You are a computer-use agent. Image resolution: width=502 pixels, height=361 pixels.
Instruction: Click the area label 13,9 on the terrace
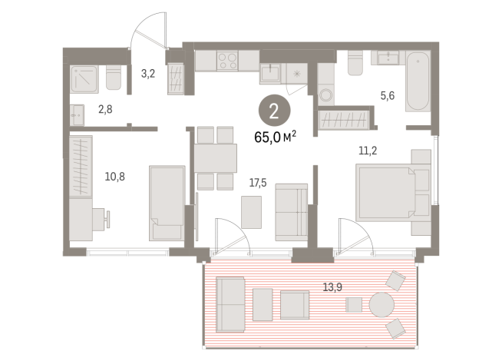pos(332,287)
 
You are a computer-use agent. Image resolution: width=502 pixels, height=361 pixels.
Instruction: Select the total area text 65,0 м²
pos(274,137)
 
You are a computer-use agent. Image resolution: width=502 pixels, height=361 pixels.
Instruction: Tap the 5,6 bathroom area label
pos(387,97)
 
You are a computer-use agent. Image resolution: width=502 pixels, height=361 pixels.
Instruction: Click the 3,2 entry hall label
pos(149,75)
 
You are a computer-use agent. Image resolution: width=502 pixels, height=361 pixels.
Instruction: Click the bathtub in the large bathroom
pos(419,81)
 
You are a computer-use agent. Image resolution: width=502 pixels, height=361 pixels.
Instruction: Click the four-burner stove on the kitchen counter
pos(228,61)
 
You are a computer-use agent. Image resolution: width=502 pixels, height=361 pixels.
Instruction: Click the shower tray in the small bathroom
pos(83,78)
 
